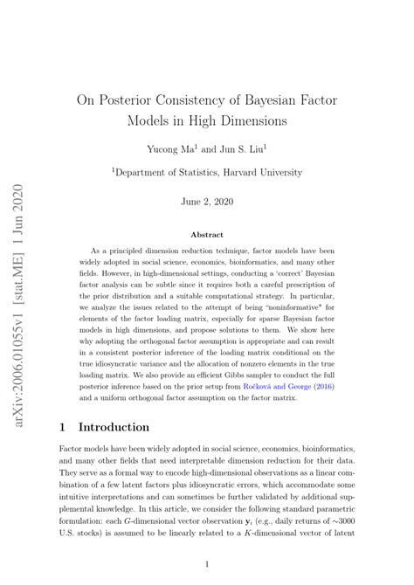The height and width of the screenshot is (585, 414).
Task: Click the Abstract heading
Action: coord(207,234)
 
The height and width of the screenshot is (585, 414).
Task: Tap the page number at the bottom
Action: coord(207,564)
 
